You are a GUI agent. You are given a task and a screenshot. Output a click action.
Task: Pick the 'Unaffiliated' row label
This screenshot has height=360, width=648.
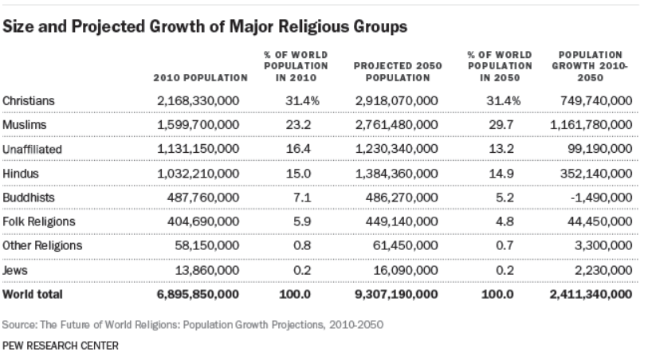tap(32, 149)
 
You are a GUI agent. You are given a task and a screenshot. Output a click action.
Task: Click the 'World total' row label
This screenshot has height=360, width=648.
tap(33, 294)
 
